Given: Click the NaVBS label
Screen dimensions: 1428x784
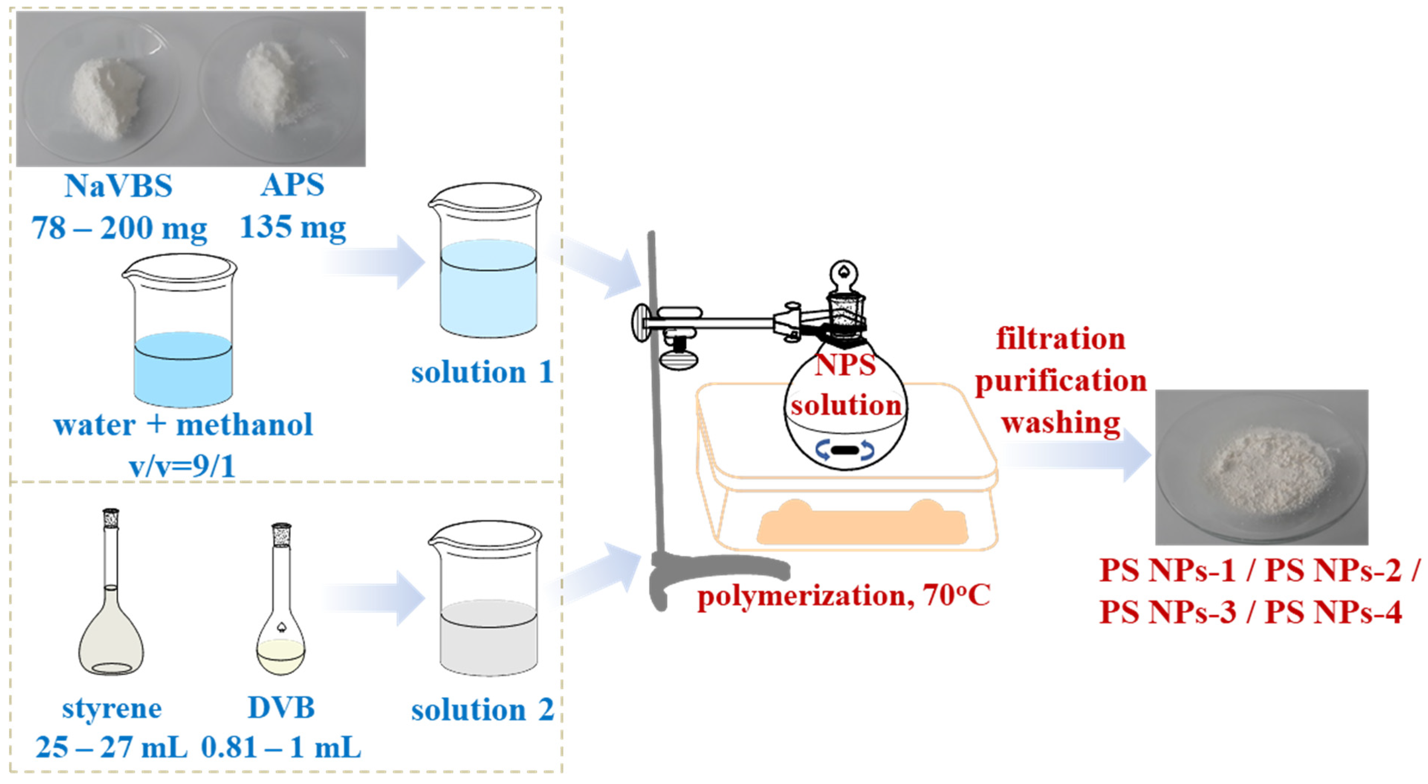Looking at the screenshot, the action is coord(118,186).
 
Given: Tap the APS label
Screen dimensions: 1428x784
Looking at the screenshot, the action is coord(293,185).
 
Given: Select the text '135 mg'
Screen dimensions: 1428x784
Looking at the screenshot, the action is coord(293,228).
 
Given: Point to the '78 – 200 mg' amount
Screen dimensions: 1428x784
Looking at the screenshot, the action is coord(119,228).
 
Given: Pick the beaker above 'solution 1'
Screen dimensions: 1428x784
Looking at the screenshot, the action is coord(486,260).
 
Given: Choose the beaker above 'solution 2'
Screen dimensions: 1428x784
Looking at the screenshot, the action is coord(486,599).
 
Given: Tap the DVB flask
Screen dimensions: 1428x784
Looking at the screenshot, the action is coord(281,599).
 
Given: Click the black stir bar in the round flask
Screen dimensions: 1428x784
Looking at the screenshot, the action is coord(844,450).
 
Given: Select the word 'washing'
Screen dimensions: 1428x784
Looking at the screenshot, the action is coord(1061,424).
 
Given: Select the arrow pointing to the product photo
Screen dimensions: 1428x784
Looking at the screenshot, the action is coord(1075,455).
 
